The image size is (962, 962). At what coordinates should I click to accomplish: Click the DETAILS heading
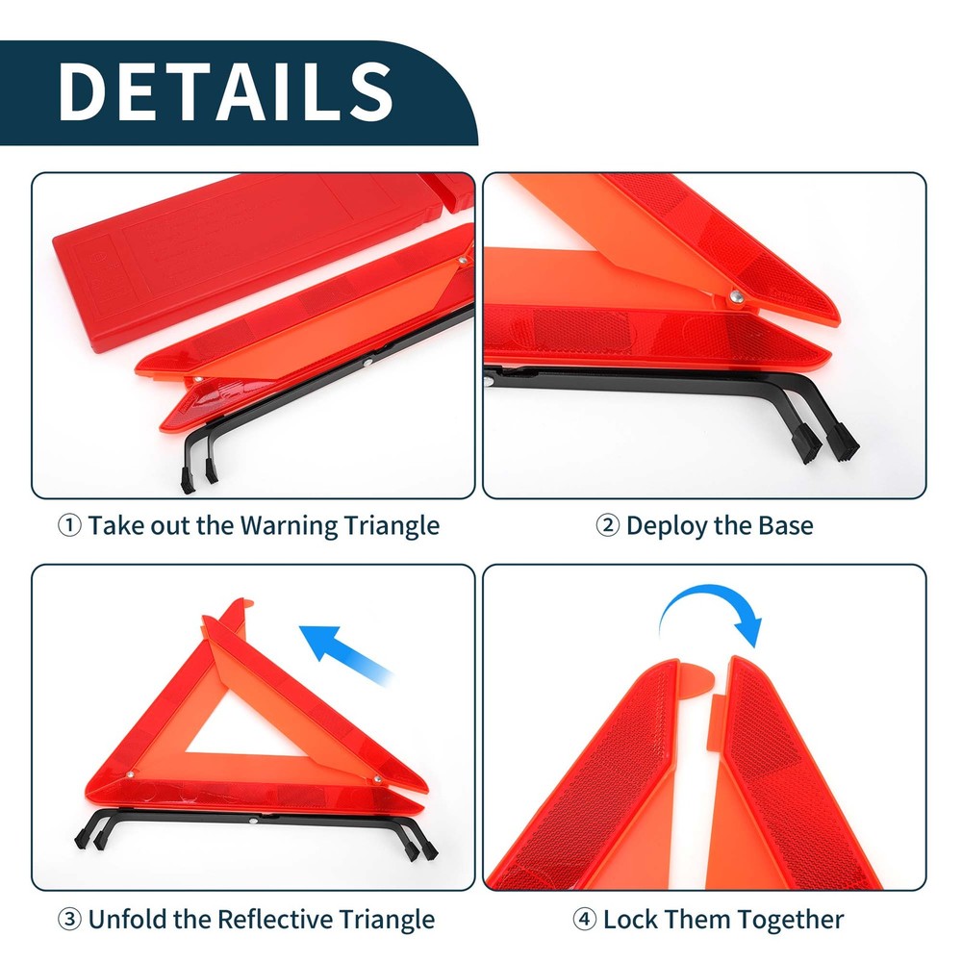(x=226, y=90)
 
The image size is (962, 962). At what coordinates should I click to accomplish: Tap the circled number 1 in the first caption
(x=69, y=526)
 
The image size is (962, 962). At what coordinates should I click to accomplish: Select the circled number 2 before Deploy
(x=607, y=526)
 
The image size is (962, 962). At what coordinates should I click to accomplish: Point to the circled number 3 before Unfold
(x=69, y=919)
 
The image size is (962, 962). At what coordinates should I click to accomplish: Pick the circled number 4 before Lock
(x=584, y=919)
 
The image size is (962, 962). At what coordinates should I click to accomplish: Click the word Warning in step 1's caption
(x=289, y=526)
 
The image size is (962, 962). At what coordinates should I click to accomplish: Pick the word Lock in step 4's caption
(x=631, y=919)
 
